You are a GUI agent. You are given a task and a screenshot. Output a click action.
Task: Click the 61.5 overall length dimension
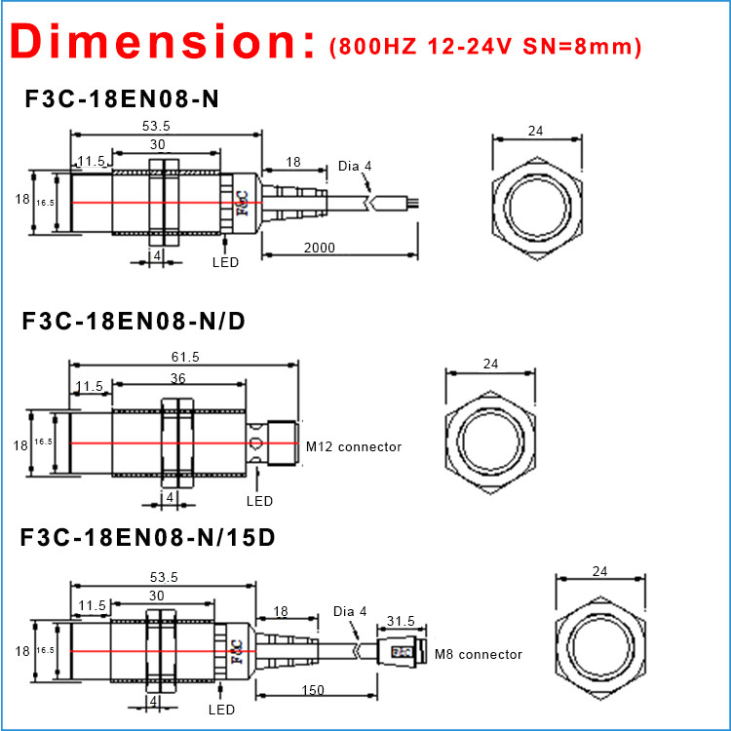tap(182, 358)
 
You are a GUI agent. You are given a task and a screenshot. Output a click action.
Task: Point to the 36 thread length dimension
tap(178, 378)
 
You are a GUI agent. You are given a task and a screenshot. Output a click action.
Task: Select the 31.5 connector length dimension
tap(401, 621)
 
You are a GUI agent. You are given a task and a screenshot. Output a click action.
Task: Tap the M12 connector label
tap(354, 446)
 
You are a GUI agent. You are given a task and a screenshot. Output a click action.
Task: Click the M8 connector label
tap(479, 654)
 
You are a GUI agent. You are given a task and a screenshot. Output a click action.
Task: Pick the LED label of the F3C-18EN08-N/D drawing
tap(259, 501)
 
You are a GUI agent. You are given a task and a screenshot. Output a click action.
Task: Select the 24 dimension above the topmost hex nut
tap(535, 130)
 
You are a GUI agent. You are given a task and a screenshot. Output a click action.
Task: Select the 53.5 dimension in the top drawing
tap(157, 126)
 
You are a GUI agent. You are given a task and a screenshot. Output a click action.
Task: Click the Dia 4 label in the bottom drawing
tap(349, 611)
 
